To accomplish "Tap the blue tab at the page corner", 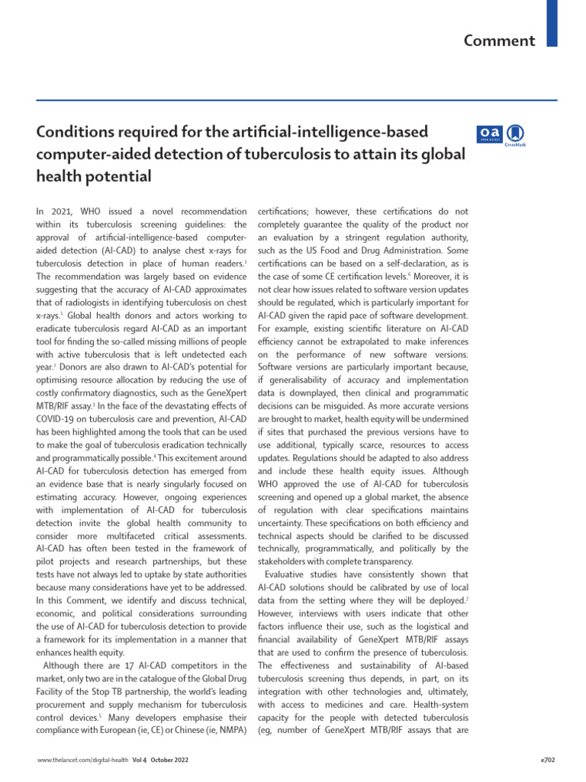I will pyautogui.click(x=552, y=23).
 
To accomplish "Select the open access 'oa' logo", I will pyautogui.click(x=489, y=134).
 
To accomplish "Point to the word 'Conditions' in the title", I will pyautogui.click(x=72, y=133).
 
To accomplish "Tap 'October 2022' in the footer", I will pyautogui.click(x=168, y=761).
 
